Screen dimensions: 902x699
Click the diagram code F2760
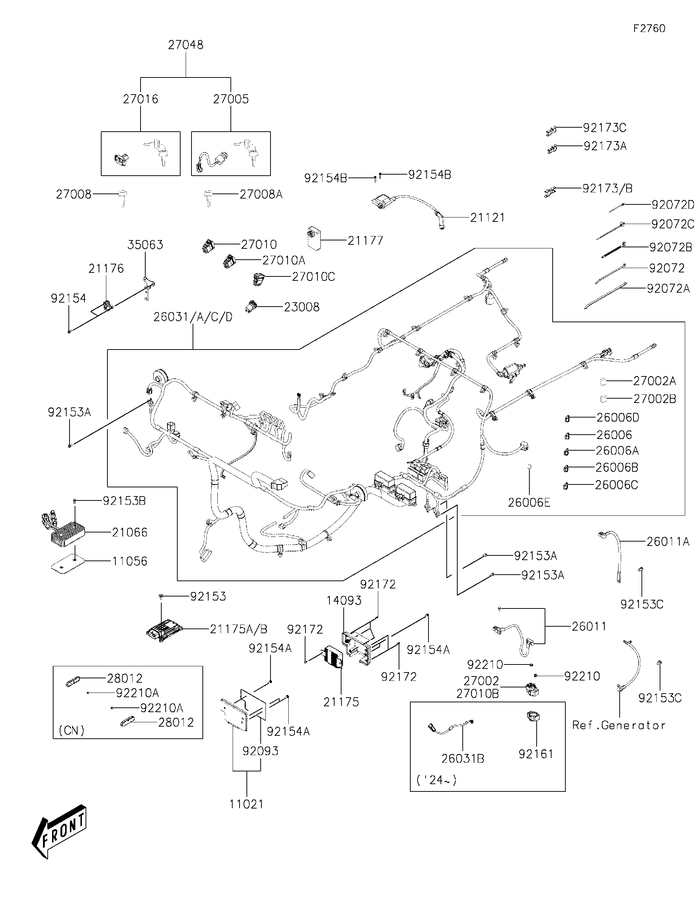pyautogui.click(x=649, y=28)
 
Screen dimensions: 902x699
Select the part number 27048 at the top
pyautogui.click(x=186, y=45)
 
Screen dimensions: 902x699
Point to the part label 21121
pyautogui.click(x=487, y=217)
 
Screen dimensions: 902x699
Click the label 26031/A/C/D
pyautogui.click(x=193, y=317)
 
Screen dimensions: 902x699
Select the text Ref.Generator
pyautogui.click(x=619, y=725)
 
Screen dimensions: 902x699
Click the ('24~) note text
pyautogui.click(x=437, y=780)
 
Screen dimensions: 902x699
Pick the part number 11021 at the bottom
pyautogui.click(x=246, y=804)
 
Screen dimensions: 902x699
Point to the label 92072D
pyautogui.click(x=672, y=204)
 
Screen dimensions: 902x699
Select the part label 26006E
pyautogui.click(x=529, y=503)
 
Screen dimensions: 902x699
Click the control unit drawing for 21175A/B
pyautogui.click(x=164, y=630)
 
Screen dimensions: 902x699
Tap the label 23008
pyautogui.click(x=301, y=307)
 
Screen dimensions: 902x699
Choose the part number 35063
pyautogui.click(x=145, y=244)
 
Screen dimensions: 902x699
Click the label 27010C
pyautogui.click(x=313, y=276)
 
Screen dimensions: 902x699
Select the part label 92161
pyautogui.click(x=536, y=754)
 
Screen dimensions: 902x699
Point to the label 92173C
pyautogui.click(x=604, y=128)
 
